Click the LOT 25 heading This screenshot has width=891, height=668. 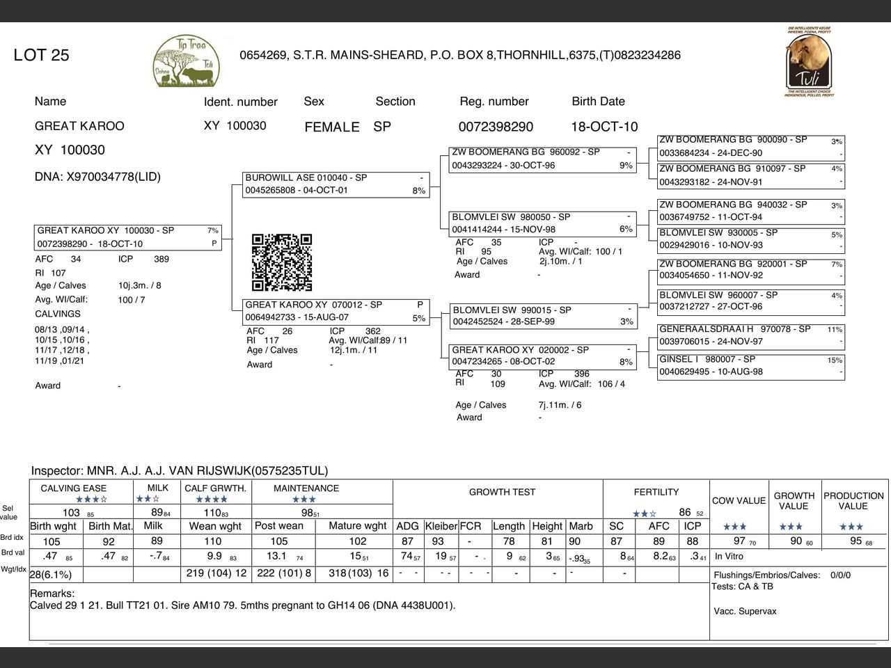tap(42, 56)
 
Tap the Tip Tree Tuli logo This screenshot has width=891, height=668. tap(187, 63)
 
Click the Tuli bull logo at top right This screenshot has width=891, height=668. tap(809, 63)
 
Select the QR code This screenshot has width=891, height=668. tap(282, 262)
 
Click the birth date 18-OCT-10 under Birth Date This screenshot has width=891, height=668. tap(604, 127)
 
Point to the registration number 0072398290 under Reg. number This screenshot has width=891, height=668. tap(496, 127)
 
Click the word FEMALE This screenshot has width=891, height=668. tap(332, 127)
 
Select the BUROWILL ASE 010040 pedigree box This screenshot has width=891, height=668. tap(336, 184)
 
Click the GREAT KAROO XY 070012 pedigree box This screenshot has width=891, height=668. tap(336, 311)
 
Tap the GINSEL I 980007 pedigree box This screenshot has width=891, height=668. tap(750, 366)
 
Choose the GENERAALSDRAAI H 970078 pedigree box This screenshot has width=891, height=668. tap(750, 335)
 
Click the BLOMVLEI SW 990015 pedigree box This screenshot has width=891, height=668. tap(543, 316)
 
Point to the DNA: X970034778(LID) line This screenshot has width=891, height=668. tap(97, 177)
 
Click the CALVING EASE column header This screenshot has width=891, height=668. tap(74, 488)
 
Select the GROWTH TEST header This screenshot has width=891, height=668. tap(502, 492)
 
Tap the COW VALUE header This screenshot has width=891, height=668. tap(739, 500)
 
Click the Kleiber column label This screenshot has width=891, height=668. tap(441, 526)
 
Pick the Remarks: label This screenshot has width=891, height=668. tap(52, 594)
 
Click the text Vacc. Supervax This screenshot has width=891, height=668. tap(745, 611)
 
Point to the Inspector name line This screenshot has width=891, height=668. tap(180, 471)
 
